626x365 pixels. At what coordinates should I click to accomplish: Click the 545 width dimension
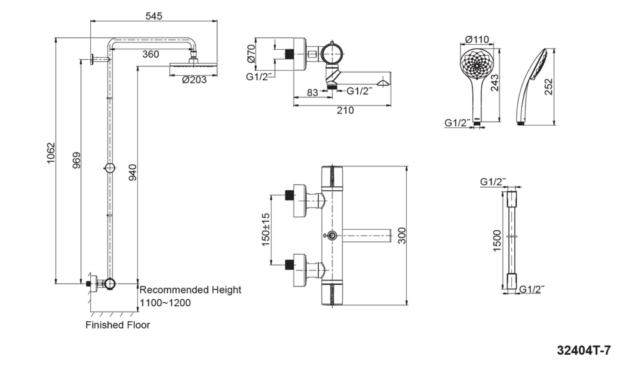[x=154, y=16]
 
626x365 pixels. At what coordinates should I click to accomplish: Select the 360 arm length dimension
[x=150, y=54]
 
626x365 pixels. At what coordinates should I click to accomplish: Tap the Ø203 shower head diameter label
[x=194, y=80]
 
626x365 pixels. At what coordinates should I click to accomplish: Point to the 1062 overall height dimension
[x=51, y=153]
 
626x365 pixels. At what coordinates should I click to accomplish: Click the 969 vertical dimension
[x=76, y=160]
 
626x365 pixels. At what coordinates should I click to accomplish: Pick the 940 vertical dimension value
[x=132, y=173]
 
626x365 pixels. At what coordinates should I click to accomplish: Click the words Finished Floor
[x=118, y=325]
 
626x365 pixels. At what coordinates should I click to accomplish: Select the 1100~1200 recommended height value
[x=165, y=303]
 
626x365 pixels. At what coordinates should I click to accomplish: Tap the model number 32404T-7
[x=584, y=350]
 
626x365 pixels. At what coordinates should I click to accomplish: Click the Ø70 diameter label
[x=251, y=54]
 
